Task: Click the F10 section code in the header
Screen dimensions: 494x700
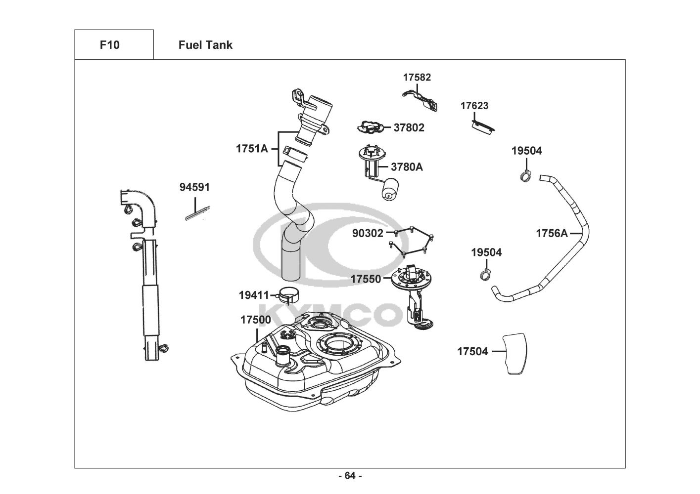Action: click(x=109, y=45)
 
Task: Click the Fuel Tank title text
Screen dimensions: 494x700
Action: click(x=205, y=45)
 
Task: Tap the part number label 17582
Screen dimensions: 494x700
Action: click(x=417, y=77)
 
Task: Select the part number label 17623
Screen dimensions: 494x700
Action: click(x=474, y=106)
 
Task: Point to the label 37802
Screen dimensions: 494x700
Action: click(x=409, y=127)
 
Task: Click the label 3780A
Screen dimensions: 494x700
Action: click(x=407, y=167)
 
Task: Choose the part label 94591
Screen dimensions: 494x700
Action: click(x=194, y=187)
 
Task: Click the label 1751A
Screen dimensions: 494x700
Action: click(x=251, y=148)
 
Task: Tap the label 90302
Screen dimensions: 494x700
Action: click(x=368, y=233)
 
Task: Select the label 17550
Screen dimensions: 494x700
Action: click(x=366, y=279)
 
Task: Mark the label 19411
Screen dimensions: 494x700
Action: click(x=254, y=295)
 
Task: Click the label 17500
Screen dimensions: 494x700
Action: click(x=256, y=320)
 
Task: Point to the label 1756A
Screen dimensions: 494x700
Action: click(x=552, y=233)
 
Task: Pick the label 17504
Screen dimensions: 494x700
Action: click(x=472, y=351)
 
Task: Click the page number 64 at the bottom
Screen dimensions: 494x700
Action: click(x=350, y=476)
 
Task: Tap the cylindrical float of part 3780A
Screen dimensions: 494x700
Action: click(x=390, y=190)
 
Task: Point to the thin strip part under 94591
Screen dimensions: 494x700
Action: click(x=197, y=213)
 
